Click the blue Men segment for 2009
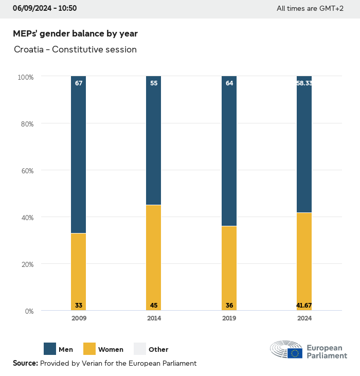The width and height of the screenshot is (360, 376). tap(79, 154)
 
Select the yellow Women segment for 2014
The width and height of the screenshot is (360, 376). tap(154, 257)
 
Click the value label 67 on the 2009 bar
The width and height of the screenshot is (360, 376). tap(79, 83)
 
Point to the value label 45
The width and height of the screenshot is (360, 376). tap(154, 306)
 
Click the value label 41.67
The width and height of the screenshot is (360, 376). tap(304, 306)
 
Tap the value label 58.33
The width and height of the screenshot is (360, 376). tap(304, 83)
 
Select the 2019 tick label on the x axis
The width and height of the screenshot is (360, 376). tap(229, 318)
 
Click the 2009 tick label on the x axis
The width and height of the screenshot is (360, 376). tap(79, 318)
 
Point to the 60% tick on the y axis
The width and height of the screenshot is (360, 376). tap(26, 171)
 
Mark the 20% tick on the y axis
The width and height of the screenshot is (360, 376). tap(26, 264)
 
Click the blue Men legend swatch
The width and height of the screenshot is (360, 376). tap(50, 349)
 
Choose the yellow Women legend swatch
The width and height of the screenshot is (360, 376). tap(89, 349)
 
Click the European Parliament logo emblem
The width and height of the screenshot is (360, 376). tap(286, 349)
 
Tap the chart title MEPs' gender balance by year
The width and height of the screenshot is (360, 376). tap(75, 33)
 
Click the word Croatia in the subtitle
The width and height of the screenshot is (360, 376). tap(29, 50)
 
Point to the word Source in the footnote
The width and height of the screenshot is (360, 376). tap(25, 363)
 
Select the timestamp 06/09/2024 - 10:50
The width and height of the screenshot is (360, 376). tap(45, 8)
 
